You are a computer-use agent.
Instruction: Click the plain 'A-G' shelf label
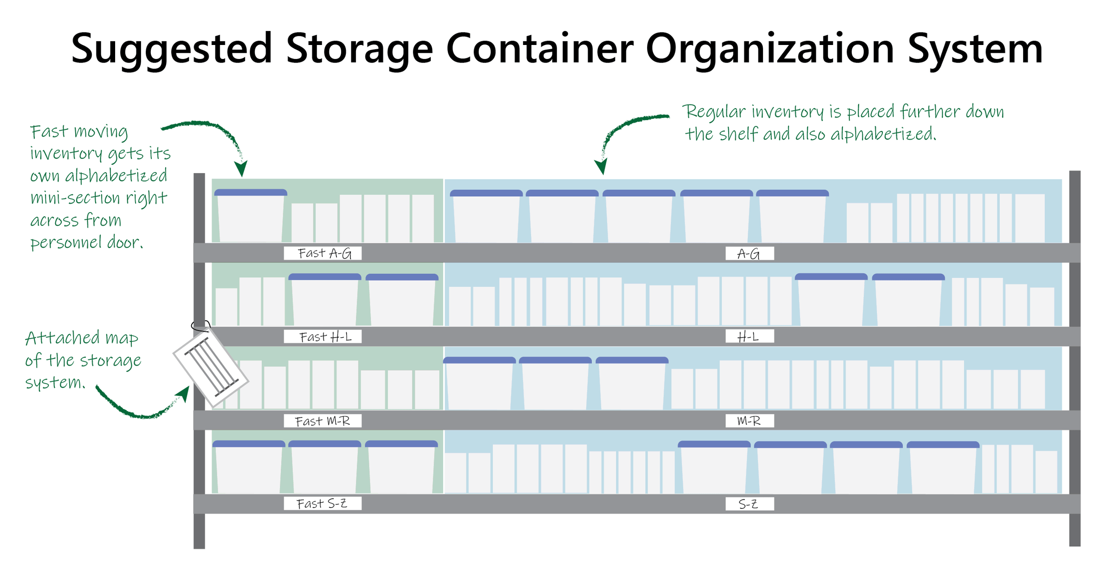(749, 254)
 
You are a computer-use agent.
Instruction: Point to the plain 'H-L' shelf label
(749, 337)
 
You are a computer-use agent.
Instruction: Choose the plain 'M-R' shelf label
(749, 421)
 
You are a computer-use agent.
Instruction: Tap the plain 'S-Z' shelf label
(749, 504)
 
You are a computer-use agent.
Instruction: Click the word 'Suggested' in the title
(171, 49)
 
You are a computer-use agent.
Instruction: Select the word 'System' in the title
(975, 49)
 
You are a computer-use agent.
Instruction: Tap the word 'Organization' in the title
(769, 49)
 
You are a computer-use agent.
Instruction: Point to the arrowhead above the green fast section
(241, 168)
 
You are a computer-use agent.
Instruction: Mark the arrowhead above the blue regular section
(601, 166)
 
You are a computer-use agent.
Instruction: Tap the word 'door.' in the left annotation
(125, 243)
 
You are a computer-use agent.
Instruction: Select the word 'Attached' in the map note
(62, 338)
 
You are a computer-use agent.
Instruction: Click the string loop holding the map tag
(201, 326)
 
